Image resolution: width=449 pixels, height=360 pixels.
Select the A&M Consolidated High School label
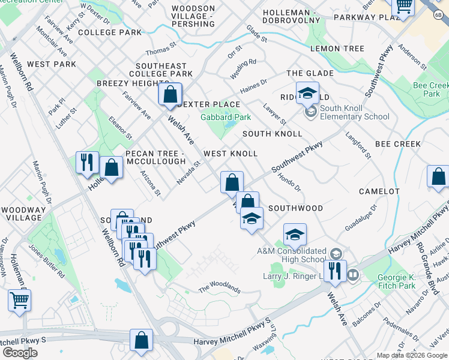point(291,255)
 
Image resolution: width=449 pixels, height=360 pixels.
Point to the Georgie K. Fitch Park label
point(396,282)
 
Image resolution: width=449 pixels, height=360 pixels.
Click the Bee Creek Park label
point(430,90)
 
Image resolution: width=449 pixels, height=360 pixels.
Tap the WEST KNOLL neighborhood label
point(231,154)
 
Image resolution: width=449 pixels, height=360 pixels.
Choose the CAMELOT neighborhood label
point(379,191)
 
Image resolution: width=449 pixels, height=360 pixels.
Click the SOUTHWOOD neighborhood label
point(295,208)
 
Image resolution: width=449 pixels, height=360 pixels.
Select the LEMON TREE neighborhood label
point(337,49)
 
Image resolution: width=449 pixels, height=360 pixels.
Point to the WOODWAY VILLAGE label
point(23,214)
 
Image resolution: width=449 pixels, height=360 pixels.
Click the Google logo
point(20,352)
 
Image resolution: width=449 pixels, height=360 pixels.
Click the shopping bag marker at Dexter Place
point(170,94)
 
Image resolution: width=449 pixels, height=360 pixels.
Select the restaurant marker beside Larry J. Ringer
point(335,271)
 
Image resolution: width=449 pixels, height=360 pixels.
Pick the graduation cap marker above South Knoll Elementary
point(307,93)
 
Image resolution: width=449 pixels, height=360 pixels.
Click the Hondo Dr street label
point(289,182)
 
